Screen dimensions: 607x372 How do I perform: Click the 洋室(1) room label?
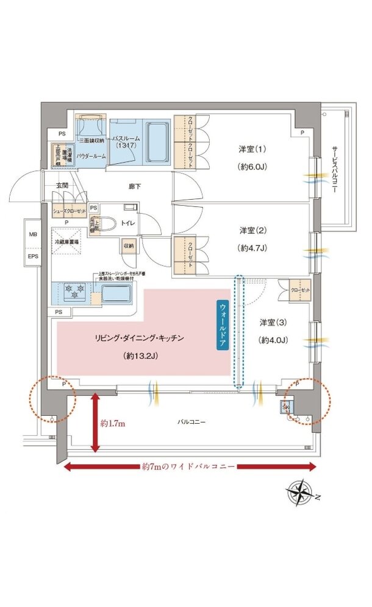pyautogui.click(x=251, y=149)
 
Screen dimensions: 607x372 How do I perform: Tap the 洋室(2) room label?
pyautogui.click(x=251, y=231)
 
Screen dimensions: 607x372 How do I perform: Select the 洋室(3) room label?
pyautogui.click(x=271, y=322)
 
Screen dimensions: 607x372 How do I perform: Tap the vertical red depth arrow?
pyautogui.click(x=95, y=423)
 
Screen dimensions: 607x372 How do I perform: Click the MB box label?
pyautogui.click(x=32, y=234)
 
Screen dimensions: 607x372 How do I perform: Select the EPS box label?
pyautogui.click(x=32, y=257)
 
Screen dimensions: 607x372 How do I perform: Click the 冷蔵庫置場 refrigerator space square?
pyautogui.click(x=70, y=236)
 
